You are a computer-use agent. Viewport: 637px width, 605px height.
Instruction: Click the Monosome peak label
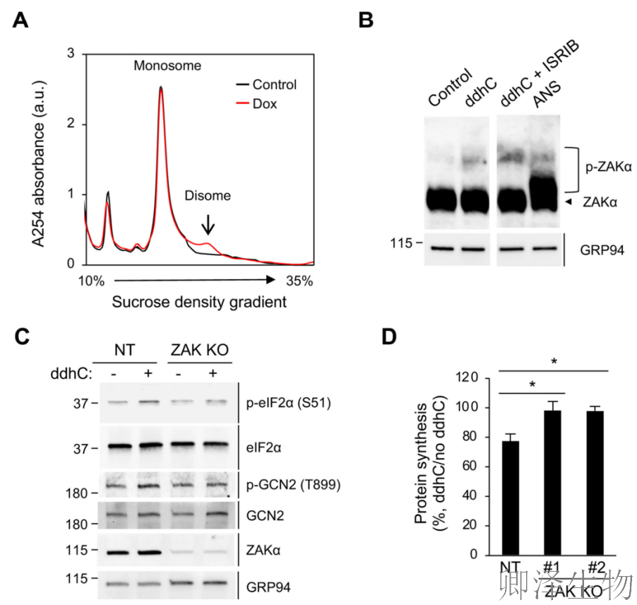(x=167, y=66)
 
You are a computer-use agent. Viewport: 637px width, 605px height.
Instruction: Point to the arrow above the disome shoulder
(x=206, y=224)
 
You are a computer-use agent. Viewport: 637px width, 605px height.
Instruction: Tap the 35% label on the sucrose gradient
(x=299, y=281)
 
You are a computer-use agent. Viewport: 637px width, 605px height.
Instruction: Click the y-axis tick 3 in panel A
(x=70, y=54)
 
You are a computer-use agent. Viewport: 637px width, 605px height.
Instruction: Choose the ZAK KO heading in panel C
(x=200, y=349)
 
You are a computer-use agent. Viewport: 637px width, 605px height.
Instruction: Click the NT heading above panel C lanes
(x=126, y=349)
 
